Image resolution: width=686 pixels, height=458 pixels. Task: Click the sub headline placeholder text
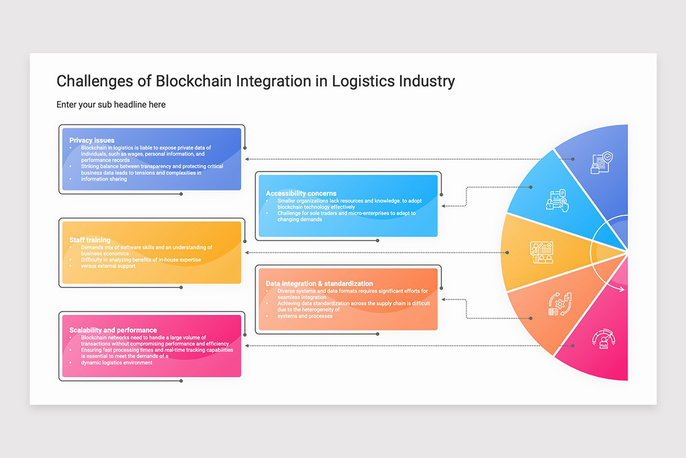click(111, 105)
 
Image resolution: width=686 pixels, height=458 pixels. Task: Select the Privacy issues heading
click(92, 140)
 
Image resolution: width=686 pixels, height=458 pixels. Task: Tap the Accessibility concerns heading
click(301, 194)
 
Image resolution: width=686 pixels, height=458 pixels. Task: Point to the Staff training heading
click(90, 240)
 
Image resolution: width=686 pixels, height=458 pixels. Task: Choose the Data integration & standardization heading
click(320, 283)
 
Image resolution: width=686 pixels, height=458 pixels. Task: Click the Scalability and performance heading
click(113, 330)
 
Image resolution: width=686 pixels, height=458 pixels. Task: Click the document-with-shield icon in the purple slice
click(601, 163)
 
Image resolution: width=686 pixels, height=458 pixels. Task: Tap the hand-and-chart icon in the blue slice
click(557, 200)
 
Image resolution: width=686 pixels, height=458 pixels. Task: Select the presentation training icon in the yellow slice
click(541, 252)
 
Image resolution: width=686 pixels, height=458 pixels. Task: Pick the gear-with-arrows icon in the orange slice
click(560, 304)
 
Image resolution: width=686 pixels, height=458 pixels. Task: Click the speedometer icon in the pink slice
click(604, 339)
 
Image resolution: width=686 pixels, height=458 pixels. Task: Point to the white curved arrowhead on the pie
click(621, 289)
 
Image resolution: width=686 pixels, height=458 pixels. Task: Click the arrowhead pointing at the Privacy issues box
click(247, 159)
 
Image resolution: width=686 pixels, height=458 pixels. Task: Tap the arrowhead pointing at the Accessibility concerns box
click(443, 206)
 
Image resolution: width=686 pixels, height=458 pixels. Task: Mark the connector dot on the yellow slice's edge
click(508, 253)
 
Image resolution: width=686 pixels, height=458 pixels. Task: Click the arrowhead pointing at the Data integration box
click(443, 299)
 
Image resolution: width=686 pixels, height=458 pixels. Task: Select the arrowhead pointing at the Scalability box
click(247, 346)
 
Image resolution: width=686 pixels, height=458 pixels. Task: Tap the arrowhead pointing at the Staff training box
click(247, 253)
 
